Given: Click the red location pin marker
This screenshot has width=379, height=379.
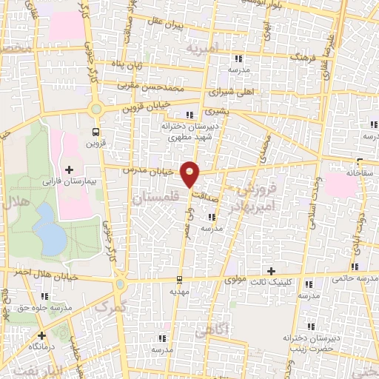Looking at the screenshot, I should tap(191, 174).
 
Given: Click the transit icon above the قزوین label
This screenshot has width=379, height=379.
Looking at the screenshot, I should tap(95, 132).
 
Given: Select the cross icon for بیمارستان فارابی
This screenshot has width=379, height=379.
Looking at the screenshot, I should tap(70, 170).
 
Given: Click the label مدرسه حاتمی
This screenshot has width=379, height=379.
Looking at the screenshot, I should tap(354, 278).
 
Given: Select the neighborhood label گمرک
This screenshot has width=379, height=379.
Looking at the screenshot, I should tap(111, 305).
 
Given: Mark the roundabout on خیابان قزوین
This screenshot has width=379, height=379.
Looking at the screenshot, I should tap(95, 110).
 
